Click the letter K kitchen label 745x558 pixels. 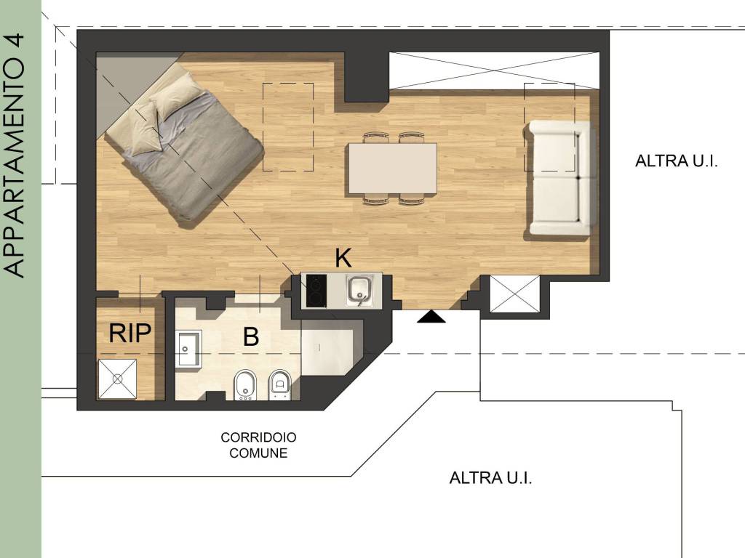(343, 259)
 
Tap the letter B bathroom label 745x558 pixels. (251, 336)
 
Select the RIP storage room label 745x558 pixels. (130, 333)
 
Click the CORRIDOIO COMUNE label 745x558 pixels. (258, 445)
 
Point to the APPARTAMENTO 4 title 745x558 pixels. (14, 155)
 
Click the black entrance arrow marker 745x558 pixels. (431, 317)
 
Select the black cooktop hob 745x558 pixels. (316, 291)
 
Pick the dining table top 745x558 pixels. (392, 169)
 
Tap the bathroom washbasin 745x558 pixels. (188, 349)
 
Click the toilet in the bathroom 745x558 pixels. (279, 384)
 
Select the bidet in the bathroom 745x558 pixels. (245, 384)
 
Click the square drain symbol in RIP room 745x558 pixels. (117, 379)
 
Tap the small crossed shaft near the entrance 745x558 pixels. (514, 294)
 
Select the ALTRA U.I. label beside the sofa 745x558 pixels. (676, 161)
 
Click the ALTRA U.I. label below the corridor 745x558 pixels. (490, 477)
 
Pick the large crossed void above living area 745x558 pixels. (494, 70)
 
